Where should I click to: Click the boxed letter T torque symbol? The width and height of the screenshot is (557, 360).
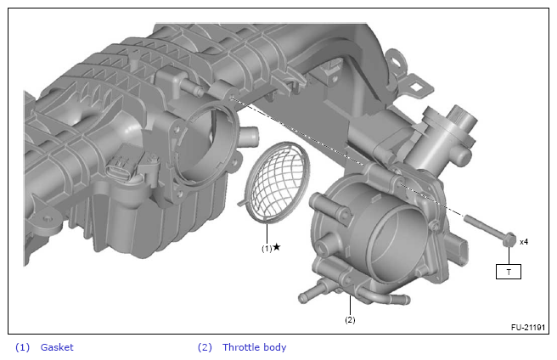[509, 272]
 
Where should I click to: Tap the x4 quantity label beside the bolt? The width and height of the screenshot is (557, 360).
[524, 242]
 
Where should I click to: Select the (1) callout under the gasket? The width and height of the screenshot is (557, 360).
[267, 249]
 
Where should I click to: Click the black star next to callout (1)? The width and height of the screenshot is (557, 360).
[277, 246]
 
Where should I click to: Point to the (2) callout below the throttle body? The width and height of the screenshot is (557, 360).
[350, 320]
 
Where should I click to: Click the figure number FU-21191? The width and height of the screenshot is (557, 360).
[528, 327]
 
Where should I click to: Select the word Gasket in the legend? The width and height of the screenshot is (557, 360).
[57, 347]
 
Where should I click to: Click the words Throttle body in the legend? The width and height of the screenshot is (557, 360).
[255, 347]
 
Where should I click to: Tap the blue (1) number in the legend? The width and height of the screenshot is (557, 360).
[22, 347]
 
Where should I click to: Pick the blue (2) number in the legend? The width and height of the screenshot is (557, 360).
[205, 347]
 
